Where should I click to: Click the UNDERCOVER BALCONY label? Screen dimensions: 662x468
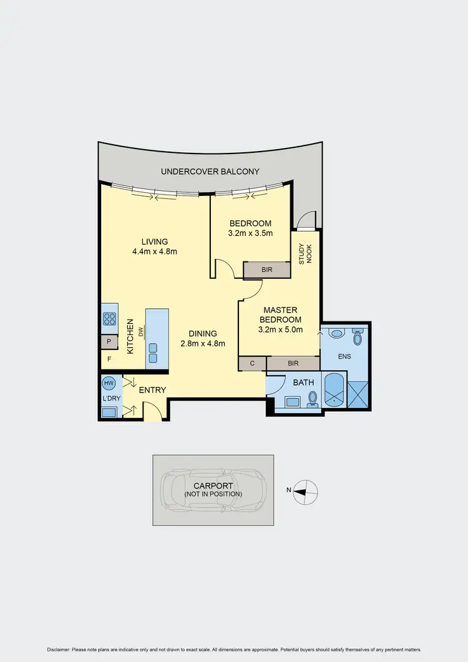pos(210,171)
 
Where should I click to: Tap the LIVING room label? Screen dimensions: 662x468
pos(155,242)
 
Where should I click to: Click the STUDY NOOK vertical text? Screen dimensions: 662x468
pos(305,253)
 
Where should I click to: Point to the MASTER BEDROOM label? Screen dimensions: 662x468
pos(280,314)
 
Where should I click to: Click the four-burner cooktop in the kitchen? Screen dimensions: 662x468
pos(109,319)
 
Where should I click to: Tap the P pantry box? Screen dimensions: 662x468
pos(109,342)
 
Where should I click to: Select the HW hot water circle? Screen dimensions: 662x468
pos(109,383)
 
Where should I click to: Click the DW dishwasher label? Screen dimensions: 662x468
pos(142,333)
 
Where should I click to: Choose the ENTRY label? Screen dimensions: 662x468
pos(152,391)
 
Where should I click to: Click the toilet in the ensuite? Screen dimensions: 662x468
pos(358,338)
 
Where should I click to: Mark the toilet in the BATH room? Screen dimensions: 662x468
pos(313,397)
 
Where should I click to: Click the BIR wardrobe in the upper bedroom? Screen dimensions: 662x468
pos(266,270)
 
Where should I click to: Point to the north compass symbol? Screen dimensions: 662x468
pos(306,490)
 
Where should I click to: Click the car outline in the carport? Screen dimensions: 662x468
pos(213,490)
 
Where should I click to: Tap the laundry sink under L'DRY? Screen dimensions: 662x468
pos(109,412)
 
